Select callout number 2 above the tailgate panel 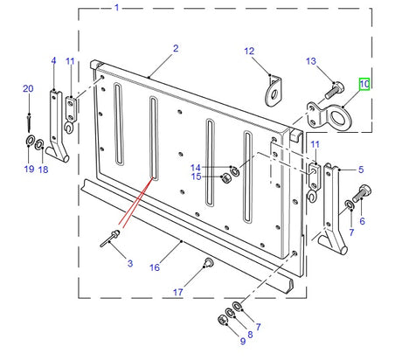pyautogui.click(x=175, y=48)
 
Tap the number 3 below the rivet pyautogui.click(x=129, y=264)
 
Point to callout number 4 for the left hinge pyautogui.click(x=53, y=61)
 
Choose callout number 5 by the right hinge pyautogui.click(x=359, y=170)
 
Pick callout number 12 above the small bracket pyautogui.click(x=247, y=52)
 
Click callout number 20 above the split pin pyautogui.click(x=28, y=88)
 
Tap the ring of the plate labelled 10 pyautogui.click(x=338, y=115)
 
